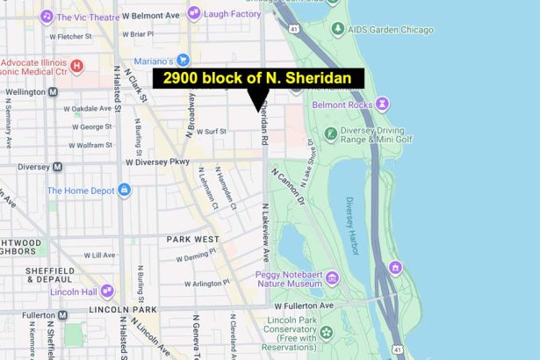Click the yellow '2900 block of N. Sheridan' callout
(x=258, y=78)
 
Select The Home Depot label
(x=80, y=190)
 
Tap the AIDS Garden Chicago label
(x=395, y=29)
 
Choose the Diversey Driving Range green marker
(x=329, y=134)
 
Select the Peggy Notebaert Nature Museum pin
(x=331, y=279)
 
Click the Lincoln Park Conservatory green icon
(x=327, y=332)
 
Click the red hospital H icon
(x=76, y=66)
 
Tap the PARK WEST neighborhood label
(x=192, y=239)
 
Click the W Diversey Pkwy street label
(x=157, y=162)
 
